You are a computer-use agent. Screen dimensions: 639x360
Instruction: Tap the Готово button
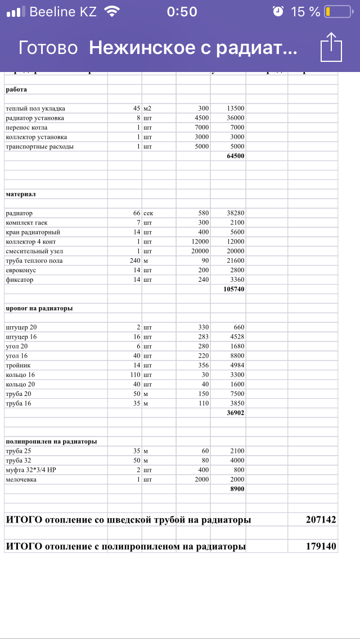coord(48,48)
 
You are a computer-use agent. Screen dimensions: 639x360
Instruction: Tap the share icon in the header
coord(331,47)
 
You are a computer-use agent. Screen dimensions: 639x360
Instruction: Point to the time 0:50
coord(182,12)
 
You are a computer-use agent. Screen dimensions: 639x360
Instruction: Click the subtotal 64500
coord(235,156)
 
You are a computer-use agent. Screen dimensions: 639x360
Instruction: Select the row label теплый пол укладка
coord(35,108)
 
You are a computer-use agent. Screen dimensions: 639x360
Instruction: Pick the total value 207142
coord(321,520)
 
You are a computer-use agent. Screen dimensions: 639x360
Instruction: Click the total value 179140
coord(321,546)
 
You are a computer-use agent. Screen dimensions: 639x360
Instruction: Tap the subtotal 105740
coord(233,289)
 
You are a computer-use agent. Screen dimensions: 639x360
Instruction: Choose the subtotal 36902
coord(235,413)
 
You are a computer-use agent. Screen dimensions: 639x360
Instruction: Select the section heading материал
coord(21,193)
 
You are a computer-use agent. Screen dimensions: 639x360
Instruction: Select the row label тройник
coord(19,365)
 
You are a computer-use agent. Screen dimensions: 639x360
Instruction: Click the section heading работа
coord(16,89)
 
